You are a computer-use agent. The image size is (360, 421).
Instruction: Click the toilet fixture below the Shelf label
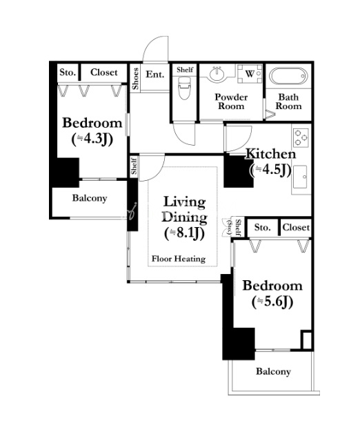click(184, 88)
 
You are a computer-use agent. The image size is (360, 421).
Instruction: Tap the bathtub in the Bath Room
click(288, 76)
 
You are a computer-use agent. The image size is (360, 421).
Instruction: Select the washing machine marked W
click(250, 74)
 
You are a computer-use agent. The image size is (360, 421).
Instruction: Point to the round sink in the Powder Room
click(217, 73)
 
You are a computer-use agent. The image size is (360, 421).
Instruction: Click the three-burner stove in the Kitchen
click(301, 137)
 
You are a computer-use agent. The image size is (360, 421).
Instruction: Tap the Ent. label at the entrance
click(154, 74)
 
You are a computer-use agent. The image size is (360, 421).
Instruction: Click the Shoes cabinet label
click(135, 79)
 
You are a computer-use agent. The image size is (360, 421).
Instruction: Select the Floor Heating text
click(179, 259)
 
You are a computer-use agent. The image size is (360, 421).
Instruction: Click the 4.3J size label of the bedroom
click(92, 139)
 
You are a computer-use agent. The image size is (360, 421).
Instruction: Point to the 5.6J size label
click(272, 302)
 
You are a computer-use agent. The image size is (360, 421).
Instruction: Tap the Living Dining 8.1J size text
click(184, 233)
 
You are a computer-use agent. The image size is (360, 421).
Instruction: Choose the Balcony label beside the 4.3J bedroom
click(90, 198)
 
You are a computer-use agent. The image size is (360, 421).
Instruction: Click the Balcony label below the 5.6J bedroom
click(273, 371)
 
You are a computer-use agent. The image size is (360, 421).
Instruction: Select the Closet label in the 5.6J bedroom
click(296, 228)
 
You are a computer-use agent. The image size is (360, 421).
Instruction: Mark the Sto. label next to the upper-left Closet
click(68, 72)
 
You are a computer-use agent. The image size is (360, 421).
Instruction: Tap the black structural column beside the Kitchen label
click(237, 170)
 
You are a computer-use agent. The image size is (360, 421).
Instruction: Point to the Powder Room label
click(231, 101)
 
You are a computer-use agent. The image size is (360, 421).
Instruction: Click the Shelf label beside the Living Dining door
click(134, 166)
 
